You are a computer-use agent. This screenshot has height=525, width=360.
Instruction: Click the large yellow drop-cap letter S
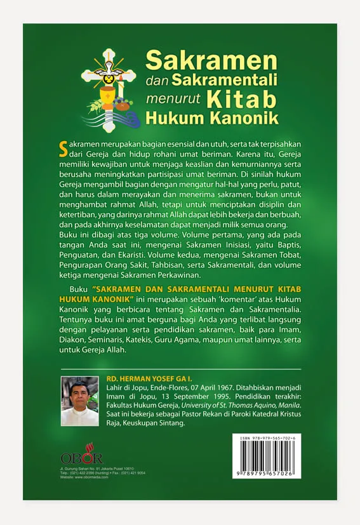click(x=62, y=148)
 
